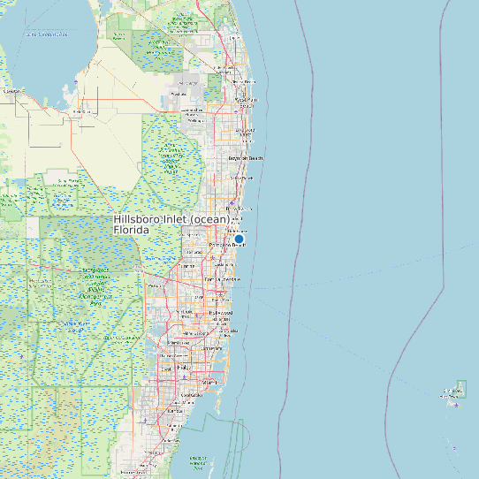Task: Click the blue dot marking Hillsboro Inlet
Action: [x=239, y=239]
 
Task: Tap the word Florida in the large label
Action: [x=132, y=230]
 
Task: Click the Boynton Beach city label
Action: [x=246, y=158]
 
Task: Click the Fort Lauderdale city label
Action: [x=222, y=280]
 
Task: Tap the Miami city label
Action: [x=209, y=382]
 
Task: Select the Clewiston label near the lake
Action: [x=11, y=91]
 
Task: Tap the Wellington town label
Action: [x=179, y=93]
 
